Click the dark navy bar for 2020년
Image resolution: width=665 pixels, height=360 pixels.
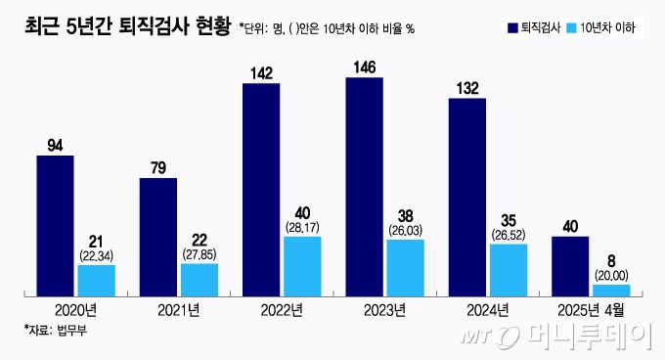pos(55,225)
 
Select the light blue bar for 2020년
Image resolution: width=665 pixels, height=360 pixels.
pos(96,280)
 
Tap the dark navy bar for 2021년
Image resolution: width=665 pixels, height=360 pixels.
pos(158,236)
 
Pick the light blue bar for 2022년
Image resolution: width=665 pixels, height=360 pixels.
pos(302,266)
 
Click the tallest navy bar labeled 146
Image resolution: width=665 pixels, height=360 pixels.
pos(364,186)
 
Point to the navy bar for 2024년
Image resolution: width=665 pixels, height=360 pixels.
pos(466,196)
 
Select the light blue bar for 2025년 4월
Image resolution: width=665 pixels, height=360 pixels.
pos(610,290)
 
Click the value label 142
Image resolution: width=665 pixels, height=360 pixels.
pos(260,73)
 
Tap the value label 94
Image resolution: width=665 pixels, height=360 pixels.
pos(55,146)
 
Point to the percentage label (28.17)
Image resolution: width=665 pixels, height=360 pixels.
pos(302,226)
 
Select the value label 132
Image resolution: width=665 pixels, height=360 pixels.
pos(466,89)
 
